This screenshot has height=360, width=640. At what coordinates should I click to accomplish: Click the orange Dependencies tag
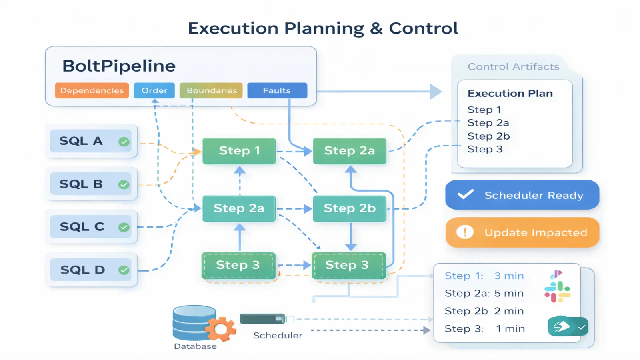(x=92, y=90)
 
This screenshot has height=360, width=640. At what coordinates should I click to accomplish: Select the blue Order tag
(x=154, y=90)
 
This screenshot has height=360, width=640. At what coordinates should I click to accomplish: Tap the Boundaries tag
(x=211, y=90)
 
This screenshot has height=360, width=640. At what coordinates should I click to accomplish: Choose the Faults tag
(x=277, y=90)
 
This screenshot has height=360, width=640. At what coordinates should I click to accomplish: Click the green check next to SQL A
(x=124, y=142)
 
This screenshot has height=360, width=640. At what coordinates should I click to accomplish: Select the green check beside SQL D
(x=124, y=270)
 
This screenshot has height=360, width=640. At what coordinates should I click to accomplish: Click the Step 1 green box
(x=239, y=151)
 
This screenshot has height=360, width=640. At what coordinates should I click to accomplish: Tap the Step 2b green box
(x=349, y=208)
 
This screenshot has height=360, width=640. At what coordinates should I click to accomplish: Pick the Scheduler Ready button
(x=522, y=195)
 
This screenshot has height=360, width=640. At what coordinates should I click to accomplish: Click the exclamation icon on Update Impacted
(x=465, y=232)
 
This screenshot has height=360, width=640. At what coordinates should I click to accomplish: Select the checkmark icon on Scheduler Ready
(x=466, y=194)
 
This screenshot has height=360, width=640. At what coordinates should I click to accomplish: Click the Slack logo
(x=557, y=292)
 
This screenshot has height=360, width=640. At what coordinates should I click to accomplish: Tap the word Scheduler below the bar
(x=278, y=335)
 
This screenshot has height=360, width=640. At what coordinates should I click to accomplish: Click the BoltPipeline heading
(x=119, y=66)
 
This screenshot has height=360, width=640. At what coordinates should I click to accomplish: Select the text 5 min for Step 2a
(x=509, y=293)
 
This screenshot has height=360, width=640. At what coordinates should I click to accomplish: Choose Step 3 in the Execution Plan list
(x=485, y=149)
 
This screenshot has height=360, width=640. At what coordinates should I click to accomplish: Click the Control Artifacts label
(x=513, y=66)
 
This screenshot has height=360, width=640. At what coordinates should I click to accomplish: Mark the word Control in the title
(x=423, y=28)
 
